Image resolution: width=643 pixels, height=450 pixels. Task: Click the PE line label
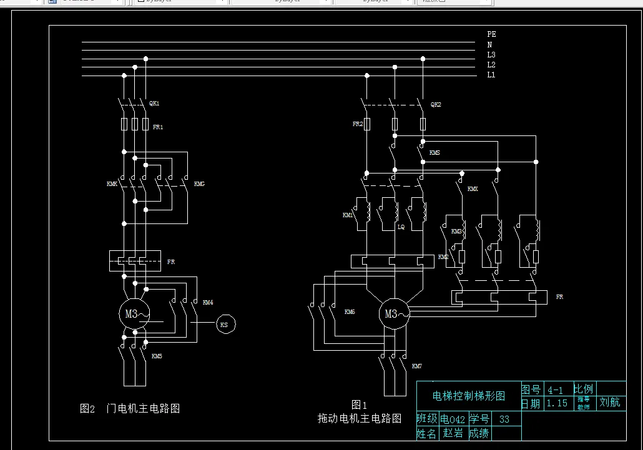point(491,34)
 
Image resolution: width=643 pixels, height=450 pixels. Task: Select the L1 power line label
point(491,75)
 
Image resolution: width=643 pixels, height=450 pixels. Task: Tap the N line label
point(490,44)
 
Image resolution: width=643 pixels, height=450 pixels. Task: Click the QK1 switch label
point(154,103)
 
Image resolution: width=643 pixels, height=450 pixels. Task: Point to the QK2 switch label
point(436,104)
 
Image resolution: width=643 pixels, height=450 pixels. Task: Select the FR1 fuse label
point(158,127)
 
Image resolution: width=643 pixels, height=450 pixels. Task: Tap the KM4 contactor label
point(208,302)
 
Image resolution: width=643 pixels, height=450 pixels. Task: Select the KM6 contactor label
point(350,311)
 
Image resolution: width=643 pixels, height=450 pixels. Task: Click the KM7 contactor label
point(417,366)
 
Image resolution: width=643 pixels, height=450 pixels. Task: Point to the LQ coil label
point(401,227)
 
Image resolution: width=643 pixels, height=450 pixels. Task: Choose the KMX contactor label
point(473,188)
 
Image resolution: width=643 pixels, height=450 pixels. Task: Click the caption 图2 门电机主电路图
point(130,409)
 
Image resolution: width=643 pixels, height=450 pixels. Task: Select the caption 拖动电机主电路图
point(359,418)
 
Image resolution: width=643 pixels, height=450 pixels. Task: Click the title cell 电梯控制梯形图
point(468,396)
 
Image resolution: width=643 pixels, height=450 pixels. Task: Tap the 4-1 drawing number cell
point(555,389)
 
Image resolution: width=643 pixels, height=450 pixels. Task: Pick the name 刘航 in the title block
point(610,402)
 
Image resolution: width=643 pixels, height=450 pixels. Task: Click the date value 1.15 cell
point(557,403)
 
